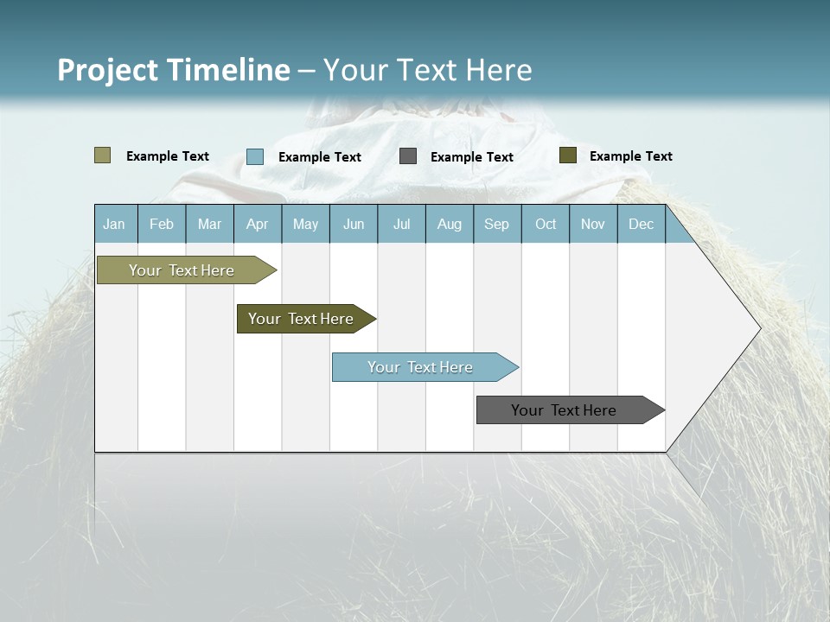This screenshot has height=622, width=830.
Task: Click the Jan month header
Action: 115,224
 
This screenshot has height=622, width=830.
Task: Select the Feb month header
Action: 162,224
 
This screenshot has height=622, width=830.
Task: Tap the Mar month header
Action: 209,224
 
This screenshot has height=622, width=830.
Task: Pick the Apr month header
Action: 258,224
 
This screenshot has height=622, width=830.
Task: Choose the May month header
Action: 305,224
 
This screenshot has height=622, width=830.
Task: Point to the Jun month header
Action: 354,224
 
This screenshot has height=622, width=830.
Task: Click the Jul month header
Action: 402,224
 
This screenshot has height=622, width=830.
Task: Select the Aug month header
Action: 450,224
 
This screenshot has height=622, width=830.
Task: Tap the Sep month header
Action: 497,224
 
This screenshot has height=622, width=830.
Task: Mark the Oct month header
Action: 546,224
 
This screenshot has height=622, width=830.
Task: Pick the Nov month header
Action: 593,224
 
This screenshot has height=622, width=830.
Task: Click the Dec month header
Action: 642,224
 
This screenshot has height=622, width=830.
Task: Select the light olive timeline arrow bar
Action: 182,270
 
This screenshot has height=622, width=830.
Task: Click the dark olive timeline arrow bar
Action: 302,319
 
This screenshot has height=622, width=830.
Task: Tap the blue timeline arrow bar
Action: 421,367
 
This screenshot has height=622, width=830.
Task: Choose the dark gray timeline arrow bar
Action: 565,410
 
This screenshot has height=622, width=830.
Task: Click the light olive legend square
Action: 102,155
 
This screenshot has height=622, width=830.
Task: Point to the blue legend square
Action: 255,156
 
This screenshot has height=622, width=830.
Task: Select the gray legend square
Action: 408,155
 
